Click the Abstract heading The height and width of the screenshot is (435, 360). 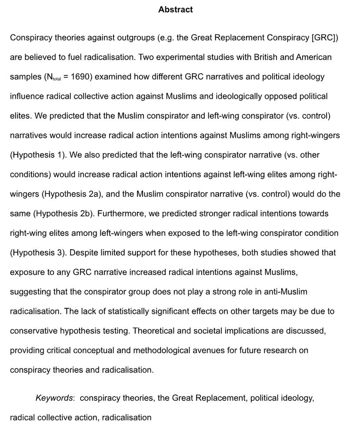point(175,9)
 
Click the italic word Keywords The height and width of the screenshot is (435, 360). point(54,398)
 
